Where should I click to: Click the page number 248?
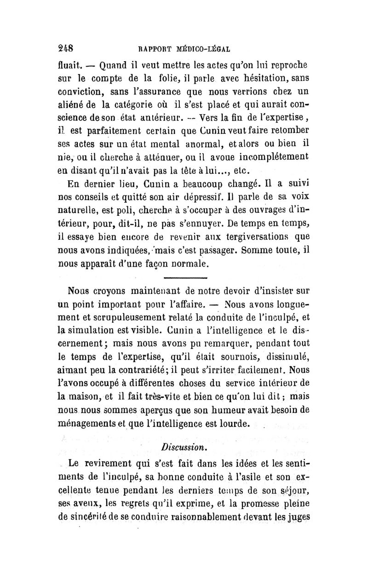pyautogui.click(x=67, y=47)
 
